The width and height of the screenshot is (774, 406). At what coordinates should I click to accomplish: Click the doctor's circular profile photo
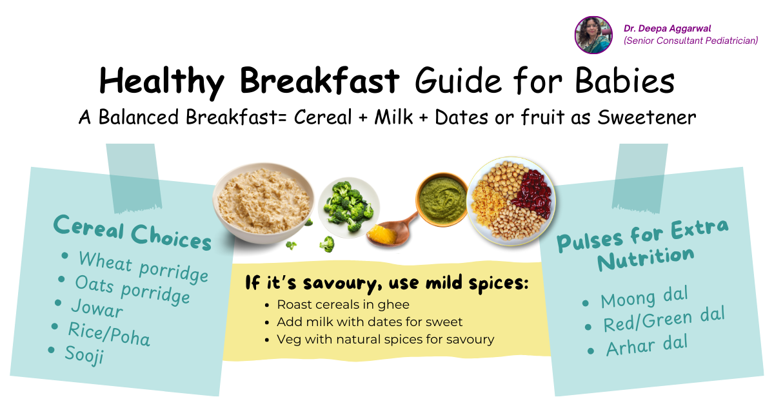click(593, 35)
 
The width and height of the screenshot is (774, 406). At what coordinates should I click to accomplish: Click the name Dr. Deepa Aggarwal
click(667, 28)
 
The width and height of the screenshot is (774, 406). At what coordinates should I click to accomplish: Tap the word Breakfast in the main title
click(319, 81)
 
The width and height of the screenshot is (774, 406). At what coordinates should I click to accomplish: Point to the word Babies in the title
click(625, 81)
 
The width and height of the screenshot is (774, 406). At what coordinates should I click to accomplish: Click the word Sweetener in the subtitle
click(646, 117)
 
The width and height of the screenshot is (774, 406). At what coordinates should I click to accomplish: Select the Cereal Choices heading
click(132, 232)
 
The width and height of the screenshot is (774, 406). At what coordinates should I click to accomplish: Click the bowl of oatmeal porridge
click(263, 203)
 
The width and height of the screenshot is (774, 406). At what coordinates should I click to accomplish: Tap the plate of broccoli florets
click(348, 207)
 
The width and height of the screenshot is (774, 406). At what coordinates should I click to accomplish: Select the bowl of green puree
click(442, 199)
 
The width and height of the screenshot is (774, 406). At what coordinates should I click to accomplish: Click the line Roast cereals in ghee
click(342, 304)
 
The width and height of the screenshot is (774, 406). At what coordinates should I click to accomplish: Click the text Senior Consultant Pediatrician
click(691, 41)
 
